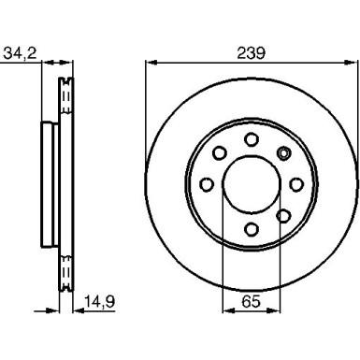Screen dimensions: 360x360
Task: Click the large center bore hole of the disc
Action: pyautogui.click(x=252, y=183)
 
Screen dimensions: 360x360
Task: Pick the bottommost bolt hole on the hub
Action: pyautogui.click(x=252, y=228)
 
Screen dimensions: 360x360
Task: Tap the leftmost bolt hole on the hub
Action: pyautogui.click(x=207, y=183)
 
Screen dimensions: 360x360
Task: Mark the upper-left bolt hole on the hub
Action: pyautogui.click(x=220, y=151)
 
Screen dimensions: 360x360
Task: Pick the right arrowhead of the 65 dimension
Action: pyautogui.click(x=278, y=310)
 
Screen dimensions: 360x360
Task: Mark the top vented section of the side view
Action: pyautogui.click(x=66, y=97)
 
